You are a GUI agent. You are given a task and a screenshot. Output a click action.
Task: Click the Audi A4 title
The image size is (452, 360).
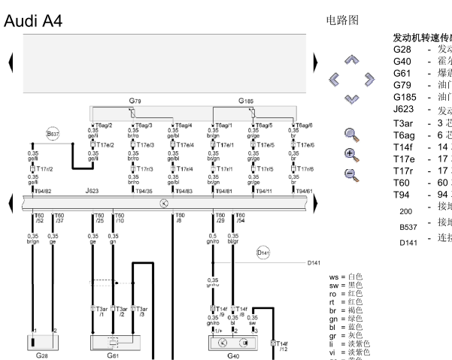point(33,21)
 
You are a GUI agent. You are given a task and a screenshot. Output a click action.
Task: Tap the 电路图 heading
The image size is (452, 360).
point(343,19)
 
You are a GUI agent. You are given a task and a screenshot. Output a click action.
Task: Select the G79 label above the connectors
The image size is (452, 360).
point(135,100)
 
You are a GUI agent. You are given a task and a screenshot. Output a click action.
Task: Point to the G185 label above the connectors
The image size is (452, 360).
point(247,100)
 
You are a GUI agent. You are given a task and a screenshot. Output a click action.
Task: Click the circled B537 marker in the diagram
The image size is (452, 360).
point(53,134)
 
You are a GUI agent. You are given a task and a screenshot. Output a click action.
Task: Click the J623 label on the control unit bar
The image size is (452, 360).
point(93,192)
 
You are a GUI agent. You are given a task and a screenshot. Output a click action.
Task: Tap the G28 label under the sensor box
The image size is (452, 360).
point(42,355)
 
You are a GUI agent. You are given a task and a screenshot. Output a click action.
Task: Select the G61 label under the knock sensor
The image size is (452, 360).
point(114,355)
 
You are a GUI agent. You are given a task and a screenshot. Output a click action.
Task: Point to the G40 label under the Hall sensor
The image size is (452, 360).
point(232,355)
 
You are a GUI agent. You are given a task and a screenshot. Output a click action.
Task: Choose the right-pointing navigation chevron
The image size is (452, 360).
point(369,78)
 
